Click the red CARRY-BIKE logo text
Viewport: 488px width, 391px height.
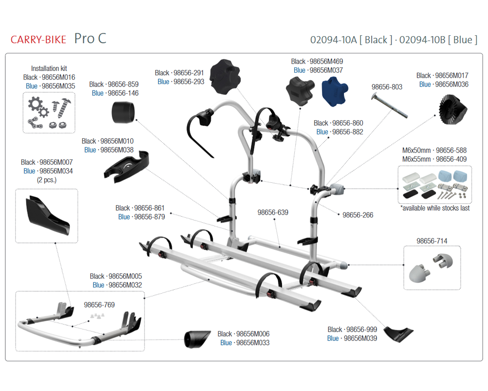coord(38,40)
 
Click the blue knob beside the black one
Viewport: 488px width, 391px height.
coord(334,91)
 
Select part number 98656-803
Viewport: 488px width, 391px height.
coord(387,87)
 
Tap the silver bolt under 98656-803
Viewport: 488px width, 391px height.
coord(389,106)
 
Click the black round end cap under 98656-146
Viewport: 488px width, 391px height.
coord(123,112)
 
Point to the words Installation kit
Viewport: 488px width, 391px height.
coord(49,68)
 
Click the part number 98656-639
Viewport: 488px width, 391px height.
coord(273,212)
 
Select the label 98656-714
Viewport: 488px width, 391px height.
coord(432,241)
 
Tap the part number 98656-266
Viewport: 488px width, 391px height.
coord(358,215)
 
